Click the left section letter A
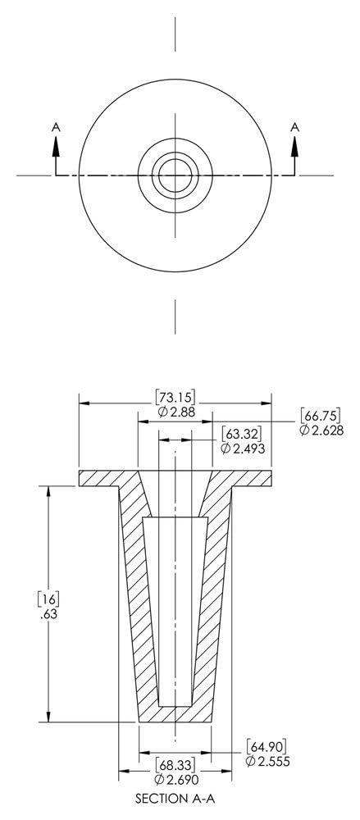pos(56,126)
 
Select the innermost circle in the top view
pos(175,175)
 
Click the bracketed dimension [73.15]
pos(175,398)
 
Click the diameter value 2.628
pos(321,430)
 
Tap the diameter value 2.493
pos(242,448)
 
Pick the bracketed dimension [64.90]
pos(267,746)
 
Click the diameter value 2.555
pos(267,762)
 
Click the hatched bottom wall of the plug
pos(175,713)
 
